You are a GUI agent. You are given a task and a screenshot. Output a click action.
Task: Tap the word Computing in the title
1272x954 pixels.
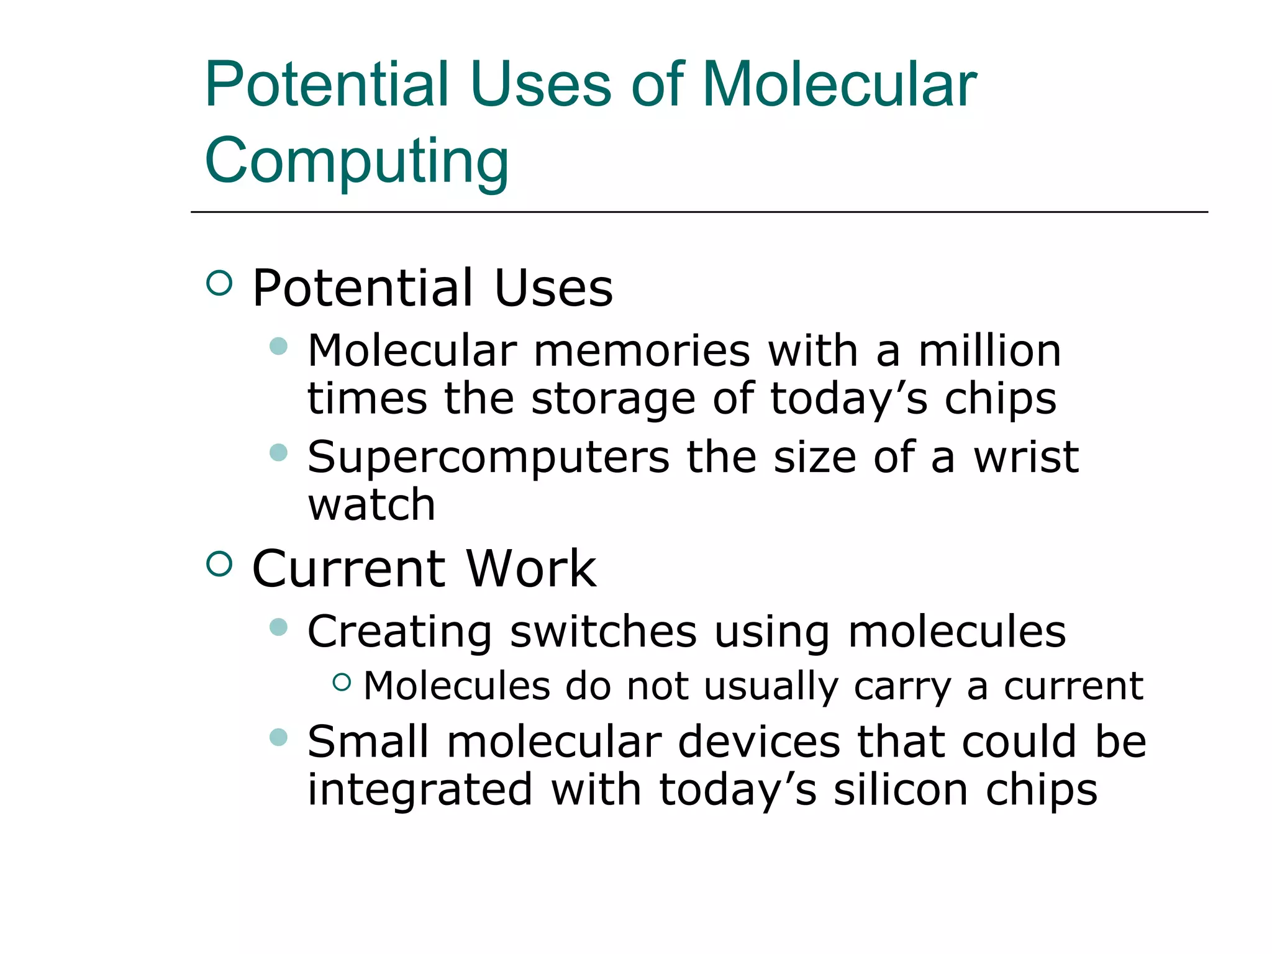click(357, 161)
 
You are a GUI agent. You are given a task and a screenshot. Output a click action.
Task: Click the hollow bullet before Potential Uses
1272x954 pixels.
click(219, 283)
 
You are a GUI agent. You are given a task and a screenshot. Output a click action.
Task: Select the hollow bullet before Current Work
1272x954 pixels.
click(219, 564)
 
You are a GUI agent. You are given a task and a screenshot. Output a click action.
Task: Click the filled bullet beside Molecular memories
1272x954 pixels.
click(279, 346)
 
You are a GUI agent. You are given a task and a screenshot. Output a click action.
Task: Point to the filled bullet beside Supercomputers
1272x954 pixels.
click(279, 452)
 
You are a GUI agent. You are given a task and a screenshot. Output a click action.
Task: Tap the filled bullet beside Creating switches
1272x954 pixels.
click(279, 627)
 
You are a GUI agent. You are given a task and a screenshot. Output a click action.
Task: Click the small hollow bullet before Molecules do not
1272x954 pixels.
click(342, 683)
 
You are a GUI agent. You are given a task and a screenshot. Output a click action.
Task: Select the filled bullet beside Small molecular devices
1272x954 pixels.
click(279, 737)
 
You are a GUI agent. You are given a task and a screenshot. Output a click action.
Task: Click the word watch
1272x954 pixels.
click(371, 504)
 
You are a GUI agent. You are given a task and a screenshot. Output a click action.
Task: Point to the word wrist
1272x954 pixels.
click(1025, 457)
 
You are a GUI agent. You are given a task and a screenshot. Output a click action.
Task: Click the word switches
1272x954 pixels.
click(603, 632)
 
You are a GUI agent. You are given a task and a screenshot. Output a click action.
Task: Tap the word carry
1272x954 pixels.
click(902, 688)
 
